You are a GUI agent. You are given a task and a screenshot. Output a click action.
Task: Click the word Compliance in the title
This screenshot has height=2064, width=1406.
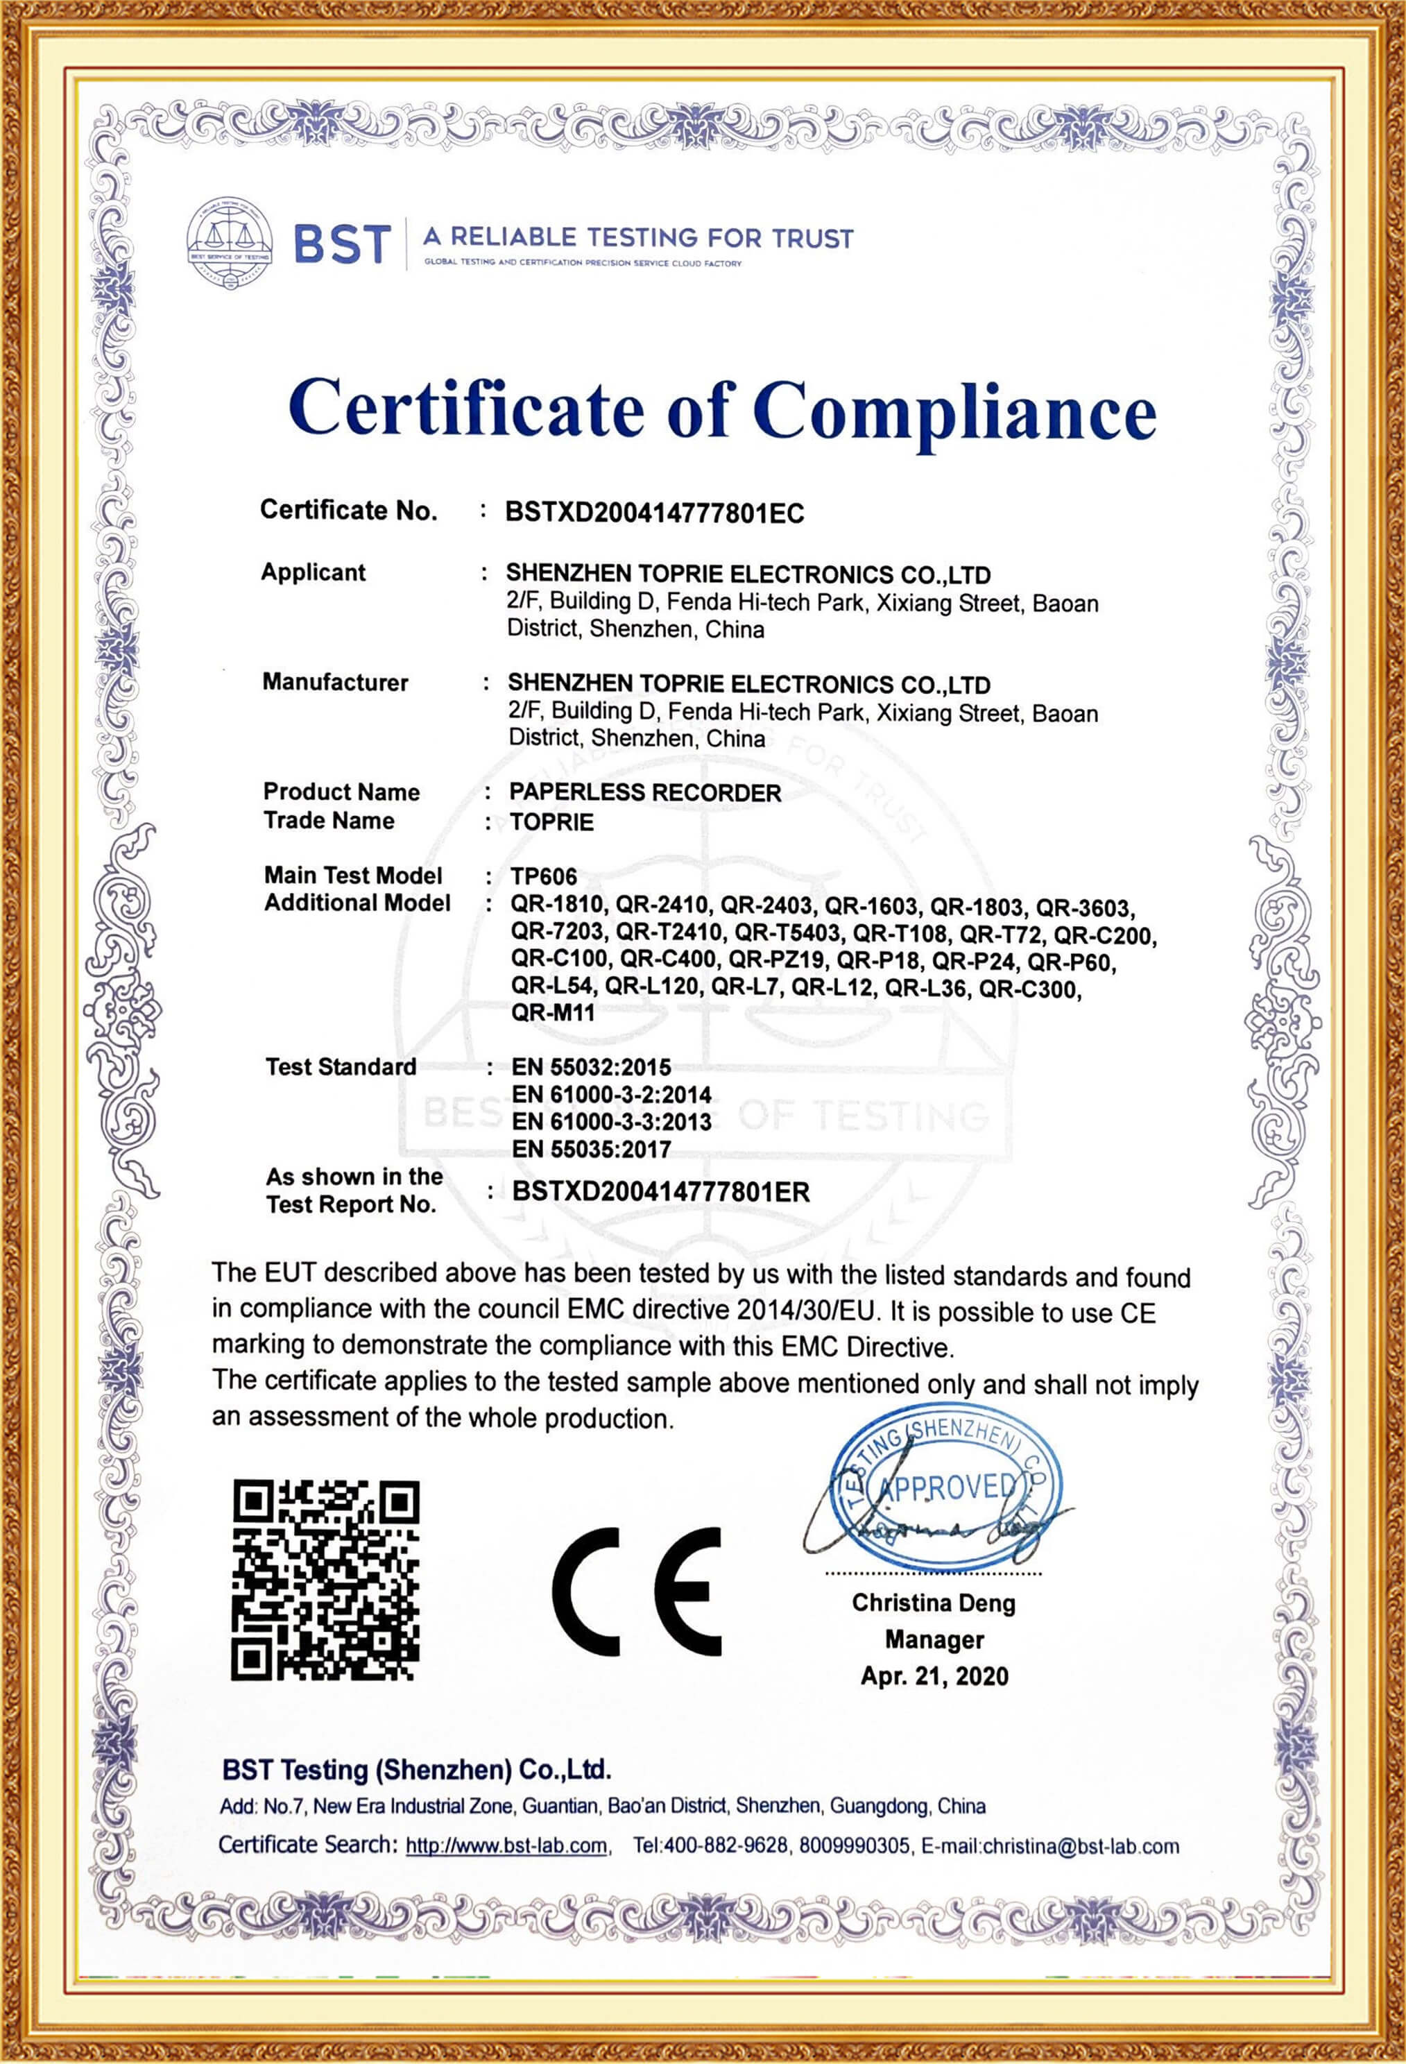[x=955, y=410]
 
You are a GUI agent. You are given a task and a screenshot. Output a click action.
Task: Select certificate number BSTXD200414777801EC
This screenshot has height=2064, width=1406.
[x=655, y=513]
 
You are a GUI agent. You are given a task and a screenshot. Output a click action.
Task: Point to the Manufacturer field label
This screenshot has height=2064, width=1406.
[x=335, y=682]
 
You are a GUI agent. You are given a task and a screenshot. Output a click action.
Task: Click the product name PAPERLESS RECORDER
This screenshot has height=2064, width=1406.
[x=646, y=792]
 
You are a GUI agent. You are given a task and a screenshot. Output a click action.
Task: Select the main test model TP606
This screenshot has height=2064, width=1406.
[x=544, y=876]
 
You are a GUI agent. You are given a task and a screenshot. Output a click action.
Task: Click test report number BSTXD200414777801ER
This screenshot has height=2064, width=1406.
[x=662, y=1192]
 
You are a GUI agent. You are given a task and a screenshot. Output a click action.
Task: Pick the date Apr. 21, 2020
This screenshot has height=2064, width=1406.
[x=934, y=1676]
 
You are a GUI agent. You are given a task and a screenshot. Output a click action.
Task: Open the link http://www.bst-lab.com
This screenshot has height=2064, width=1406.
[x=506, y=1846]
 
